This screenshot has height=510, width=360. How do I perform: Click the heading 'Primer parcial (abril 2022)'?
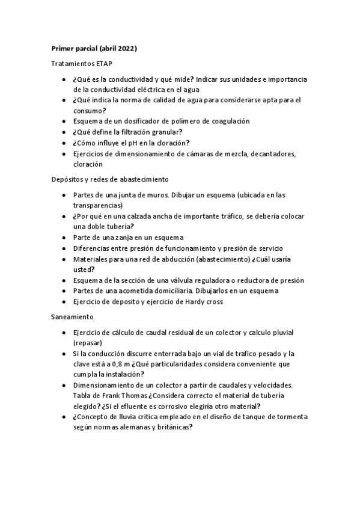[94, 48]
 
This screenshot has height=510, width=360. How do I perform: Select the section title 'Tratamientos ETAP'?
[82, 63]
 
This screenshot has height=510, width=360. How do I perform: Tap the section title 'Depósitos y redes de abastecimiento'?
[109, 179]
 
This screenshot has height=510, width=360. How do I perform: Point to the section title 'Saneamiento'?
[72, 317]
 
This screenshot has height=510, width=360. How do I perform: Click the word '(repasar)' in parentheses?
[88, 342]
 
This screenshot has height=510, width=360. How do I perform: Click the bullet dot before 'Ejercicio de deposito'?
[64, 302]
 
